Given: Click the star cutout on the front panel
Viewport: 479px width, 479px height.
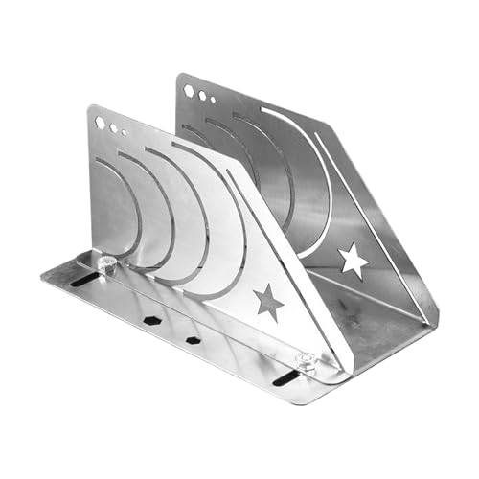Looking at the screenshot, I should [269, 303].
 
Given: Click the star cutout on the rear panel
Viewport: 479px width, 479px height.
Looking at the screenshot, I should [353, 259].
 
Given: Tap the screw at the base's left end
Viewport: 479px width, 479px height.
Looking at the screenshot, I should [107, 264].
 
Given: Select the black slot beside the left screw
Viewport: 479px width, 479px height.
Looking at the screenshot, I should [85, 278].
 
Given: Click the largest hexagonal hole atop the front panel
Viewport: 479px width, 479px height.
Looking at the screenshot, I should [100, 123].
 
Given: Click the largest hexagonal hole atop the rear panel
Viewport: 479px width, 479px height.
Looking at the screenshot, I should [189, 91].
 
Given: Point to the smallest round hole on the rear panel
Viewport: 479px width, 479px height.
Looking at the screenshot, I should [212, 99].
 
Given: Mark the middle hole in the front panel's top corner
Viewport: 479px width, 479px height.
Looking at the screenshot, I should [112, 127].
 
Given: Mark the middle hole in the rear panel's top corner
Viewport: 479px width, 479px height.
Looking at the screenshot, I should [201, 95].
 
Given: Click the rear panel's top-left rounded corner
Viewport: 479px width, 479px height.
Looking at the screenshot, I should [181, 80].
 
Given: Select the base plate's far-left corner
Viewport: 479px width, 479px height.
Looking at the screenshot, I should [44, 278].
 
